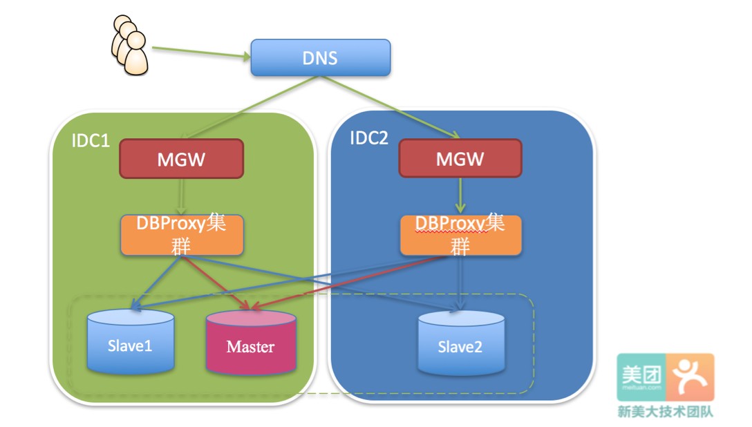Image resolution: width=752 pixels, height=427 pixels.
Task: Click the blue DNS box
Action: coord(320,57)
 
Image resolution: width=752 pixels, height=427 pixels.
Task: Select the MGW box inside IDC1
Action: coord(181,159)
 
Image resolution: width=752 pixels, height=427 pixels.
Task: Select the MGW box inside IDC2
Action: coord(460,159)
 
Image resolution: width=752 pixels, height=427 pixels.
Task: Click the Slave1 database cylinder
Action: coord(130,343)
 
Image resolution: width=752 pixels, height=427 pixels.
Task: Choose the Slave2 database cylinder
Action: coord(460,345)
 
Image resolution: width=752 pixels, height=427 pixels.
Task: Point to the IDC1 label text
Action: coord(91,140)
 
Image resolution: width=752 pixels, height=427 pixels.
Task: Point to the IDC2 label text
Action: coord(369,137)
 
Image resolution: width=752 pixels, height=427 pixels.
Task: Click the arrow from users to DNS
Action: coord(200,53)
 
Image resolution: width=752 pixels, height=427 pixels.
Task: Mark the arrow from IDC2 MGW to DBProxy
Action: coord(460,196)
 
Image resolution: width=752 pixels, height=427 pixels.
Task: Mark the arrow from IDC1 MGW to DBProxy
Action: coord(182,196)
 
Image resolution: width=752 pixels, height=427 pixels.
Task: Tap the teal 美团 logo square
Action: coord(641,377)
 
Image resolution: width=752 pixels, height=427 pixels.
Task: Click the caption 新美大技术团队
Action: coord(665,412)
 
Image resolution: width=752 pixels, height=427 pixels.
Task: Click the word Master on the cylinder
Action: coord(250,347)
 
